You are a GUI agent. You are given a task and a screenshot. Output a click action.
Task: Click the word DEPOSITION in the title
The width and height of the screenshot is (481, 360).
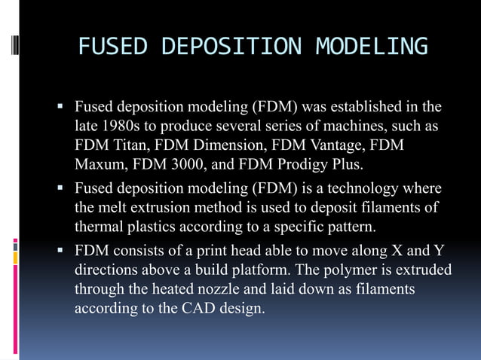pos(231,47)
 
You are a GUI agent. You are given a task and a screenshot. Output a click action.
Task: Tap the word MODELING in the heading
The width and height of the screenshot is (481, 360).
pos(372,47)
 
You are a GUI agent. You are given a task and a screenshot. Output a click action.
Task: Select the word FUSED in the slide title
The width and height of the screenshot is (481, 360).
pos(112,47)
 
